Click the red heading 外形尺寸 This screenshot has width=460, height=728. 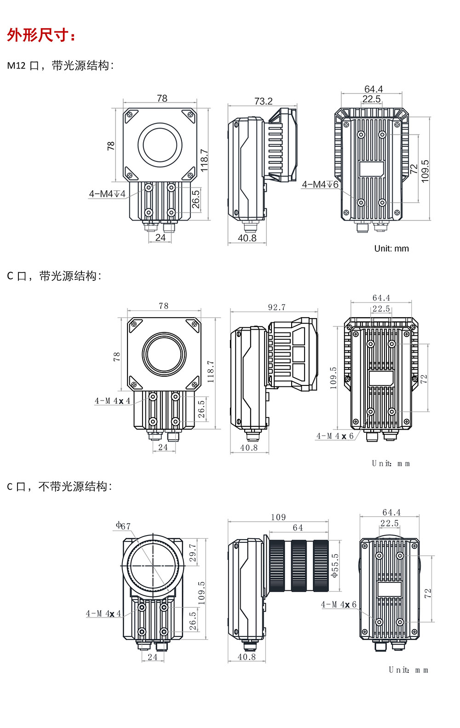click(x=41, y=35)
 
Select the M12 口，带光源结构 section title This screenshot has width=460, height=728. click(x=60, y=65)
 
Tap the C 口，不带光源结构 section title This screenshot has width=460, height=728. click(x=59, y=486)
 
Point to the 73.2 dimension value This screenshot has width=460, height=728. click(x=263, y=101)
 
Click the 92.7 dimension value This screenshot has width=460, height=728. click(x=276, y=307)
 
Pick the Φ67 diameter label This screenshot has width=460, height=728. click(x=123, y=525)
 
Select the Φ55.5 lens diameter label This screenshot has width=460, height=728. click(x=335, y=565)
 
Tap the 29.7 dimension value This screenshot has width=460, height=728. click(x=193, y=553)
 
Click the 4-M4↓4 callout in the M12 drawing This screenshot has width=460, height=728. click(x=107, y=194)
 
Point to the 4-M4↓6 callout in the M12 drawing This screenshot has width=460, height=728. click(x=320, y=185)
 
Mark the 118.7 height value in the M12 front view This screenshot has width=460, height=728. click(x=204, y=160)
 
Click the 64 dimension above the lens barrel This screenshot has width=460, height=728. click(x=298, y=528)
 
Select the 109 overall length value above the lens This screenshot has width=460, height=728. click(x=278, y=517)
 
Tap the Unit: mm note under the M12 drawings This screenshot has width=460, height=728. click(x=391, y=249)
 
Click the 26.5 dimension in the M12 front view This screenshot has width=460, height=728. click(x=195, y=199)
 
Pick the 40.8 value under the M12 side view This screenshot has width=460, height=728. click(x=247, y=238)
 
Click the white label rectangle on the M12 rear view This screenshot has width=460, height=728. click(x=371, y=169)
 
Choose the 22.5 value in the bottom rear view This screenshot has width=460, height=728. click(x=389, y=523)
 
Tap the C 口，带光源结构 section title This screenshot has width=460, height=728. click(x=54, y=276)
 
